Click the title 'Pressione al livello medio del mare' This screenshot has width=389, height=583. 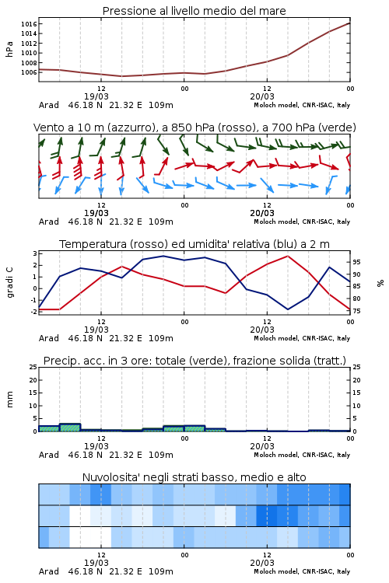point(194,11)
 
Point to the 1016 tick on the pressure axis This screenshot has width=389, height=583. point(29,24)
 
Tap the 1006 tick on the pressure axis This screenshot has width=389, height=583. point(29,72)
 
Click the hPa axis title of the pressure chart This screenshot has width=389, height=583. point(9,49)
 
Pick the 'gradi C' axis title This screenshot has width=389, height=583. point(9,282)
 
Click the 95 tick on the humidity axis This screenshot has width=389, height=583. point(356,262)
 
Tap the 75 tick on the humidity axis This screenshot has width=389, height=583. point(356,311)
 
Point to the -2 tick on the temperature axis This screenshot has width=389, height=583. point(34,312)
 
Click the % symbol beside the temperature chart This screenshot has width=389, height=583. point(380,283)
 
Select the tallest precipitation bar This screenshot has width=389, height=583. point(70,428)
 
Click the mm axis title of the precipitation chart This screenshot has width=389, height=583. point(9,399)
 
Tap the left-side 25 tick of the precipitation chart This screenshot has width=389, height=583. point(33,367)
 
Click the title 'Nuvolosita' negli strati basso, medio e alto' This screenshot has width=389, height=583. point(194,477)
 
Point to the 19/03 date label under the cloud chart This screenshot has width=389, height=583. point(96,563)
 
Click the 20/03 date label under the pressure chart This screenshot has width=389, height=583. point(262,96)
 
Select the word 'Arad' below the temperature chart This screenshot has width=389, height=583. point(49,338)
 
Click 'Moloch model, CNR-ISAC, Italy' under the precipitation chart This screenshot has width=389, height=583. point(302,455)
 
